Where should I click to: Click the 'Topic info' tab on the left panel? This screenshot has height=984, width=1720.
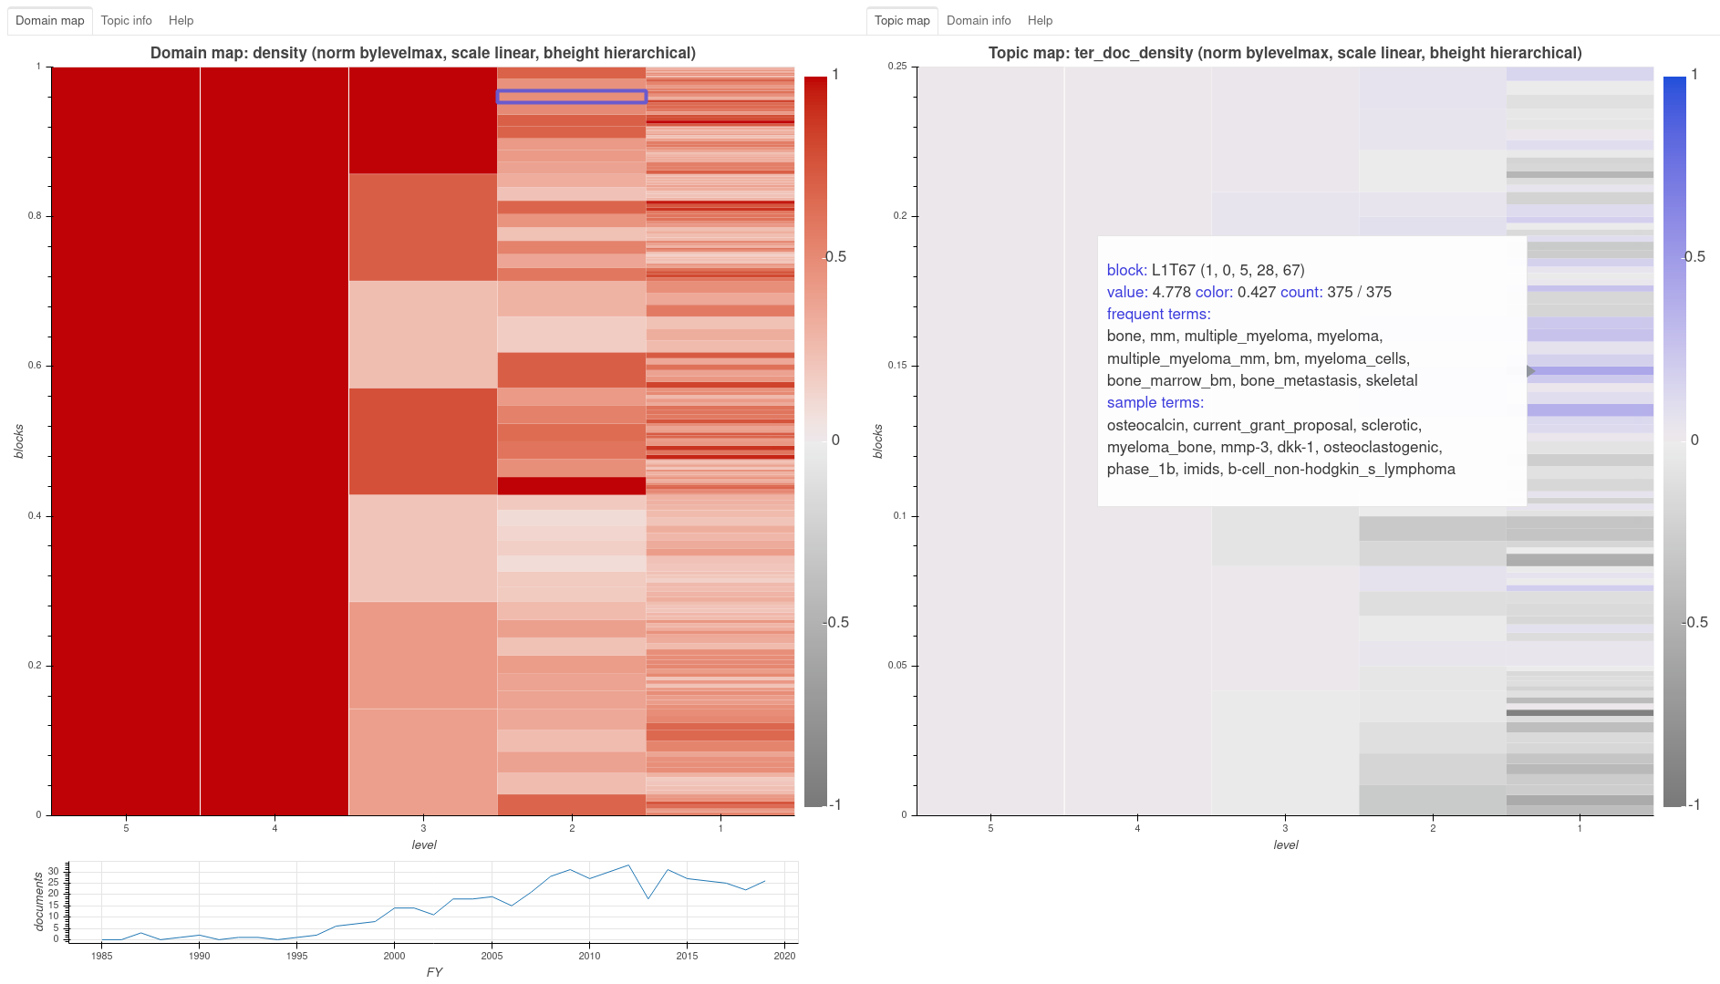click(x=126, y=20)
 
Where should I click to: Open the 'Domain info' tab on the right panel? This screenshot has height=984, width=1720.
click(x=978, y=20)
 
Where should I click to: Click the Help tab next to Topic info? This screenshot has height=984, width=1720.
click(x=181, y=20)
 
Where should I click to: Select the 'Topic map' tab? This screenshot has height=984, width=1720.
click(x=901, y=20)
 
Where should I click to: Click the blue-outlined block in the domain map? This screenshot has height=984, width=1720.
click(x=572, y=97)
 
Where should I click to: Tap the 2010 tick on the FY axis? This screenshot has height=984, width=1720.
click(x=589, y=955)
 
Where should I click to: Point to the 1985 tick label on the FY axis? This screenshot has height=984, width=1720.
click(x=102, y=955)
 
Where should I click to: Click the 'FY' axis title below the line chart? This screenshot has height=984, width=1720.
click(x=434, y=971)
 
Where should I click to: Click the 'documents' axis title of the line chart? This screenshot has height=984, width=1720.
click(x=39, y=901)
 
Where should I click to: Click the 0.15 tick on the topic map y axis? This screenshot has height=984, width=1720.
click(x=899, y=366)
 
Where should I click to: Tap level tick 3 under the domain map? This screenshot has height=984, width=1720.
click(x=423, y=828)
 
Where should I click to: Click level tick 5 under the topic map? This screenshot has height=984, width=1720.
click(x=990, y=828)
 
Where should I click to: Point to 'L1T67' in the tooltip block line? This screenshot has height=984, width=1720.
click(x=1173, y=270)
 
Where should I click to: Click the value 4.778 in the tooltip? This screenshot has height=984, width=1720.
click(x=1171, y=292)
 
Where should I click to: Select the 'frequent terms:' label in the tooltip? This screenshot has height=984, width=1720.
click(x=1158, y=314)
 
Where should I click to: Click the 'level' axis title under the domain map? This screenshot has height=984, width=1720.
click(x=424, y=844)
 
